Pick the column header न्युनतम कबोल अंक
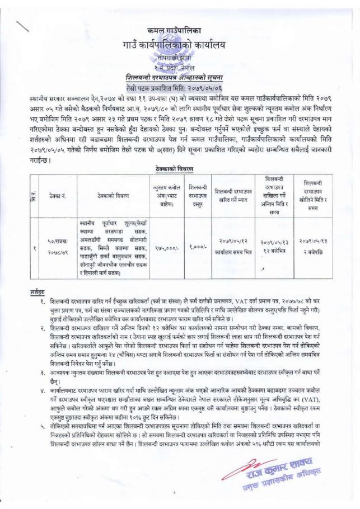(167, 195)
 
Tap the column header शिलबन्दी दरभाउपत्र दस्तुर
(199, 195)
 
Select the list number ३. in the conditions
(43, 372)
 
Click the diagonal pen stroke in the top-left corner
(25, 26)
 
